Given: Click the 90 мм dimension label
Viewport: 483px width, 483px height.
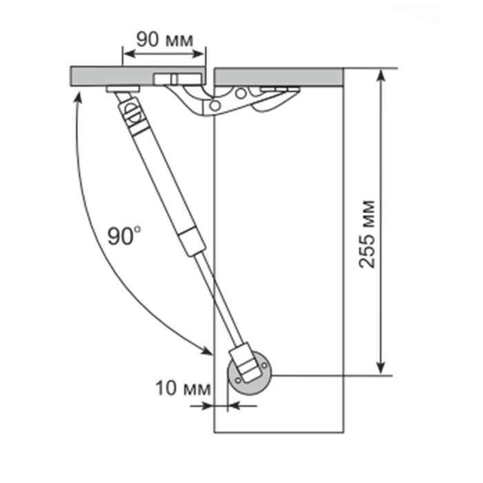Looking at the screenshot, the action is [x=165, y=40].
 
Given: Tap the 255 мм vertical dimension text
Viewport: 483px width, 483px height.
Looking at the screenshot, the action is [x=367, y=234].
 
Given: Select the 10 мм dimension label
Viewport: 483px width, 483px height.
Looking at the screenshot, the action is [x=184, y=388].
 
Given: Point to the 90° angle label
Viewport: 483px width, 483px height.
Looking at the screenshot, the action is [x=124, y=236].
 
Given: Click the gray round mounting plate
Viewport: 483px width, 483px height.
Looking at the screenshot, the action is [x=250, y=373].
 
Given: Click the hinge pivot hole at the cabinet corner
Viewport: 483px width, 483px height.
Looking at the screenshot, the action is [x=215, y=106].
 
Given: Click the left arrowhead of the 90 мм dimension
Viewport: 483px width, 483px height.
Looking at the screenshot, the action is [x=130, y=54].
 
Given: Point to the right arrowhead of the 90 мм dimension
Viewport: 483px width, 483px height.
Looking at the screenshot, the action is [x=198, y=54].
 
